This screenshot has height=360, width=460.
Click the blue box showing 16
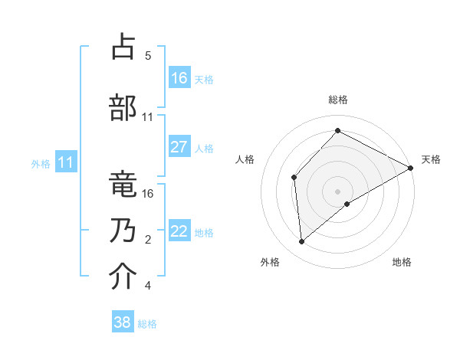coord(179,77)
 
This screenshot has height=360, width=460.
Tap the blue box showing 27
coord(179,147)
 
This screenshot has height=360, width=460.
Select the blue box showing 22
coord(179,231)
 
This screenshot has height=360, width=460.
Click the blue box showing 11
coord(66,162)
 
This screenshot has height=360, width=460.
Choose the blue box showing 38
coord(123,322)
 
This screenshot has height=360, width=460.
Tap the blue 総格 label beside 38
coord(147,324)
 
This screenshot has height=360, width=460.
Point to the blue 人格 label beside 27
coord(204,148)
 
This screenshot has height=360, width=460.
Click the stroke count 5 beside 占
coord(148,56)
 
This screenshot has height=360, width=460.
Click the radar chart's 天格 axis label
coord(431,159)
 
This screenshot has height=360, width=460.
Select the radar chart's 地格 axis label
coord(402,262)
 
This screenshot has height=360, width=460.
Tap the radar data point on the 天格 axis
coord(411,168)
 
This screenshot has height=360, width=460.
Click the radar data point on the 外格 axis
coord(302,242)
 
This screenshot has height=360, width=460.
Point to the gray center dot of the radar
coord(337,191)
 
